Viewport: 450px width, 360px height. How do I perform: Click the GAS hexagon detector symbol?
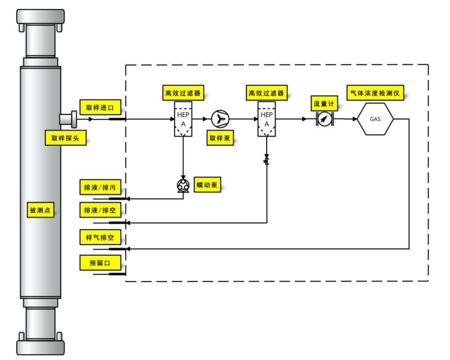[375, 119]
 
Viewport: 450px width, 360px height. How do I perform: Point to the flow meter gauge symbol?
[324, 119]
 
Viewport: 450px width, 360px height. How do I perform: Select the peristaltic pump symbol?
[183, 186]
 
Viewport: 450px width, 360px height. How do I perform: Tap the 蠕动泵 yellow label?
[207, 184]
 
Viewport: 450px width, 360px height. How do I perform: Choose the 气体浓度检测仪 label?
[375, 92]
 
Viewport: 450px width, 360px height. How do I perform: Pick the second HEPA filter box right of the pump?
[267, 118]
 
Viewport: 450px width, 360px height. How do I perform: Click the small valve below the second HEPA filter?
[267, 162]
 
